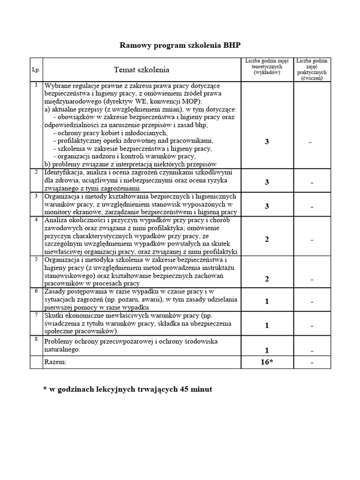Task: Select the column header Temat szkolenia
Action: pyautogui.click(x=142, y=70)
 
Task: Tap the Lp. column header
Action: pyautogui.click(x=36, y=70)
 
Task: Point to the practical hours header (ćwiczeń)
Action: pyautogui.click(x=311, y=70)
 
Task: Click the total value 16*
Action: pyautogui.click(x=266, y=362)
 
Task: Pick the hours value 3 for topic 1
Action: pyautogui.click(x=266, y=142)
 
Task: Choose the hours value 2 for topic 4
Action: pyautogui.click(x=266, y=239)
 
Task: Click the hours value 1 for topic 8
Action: pyautogui.click(x=266, y=350)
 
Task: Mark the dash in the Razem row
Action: pyautogui.click(x=311, y=363)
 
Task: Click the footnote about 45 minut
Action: pyautogui.click(x=127, y=390)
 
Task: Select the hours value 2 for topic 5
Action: pyautogui.click(x=266, y=279)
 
